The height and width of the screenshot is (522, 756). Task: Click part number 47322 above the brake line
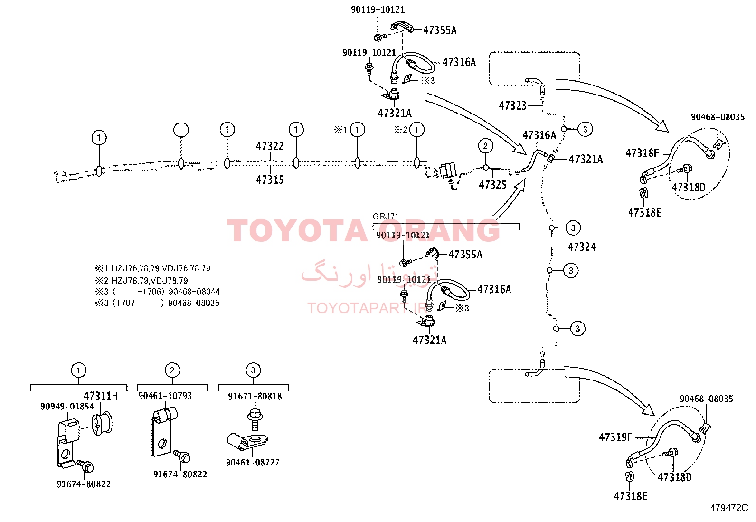[270, 146]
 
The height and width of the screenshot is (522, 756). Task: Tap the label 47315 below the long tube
[270, 180]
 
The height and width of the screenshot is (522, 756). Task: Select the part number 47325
[493, 185]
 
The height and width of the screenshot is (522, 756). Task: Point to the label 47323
[513, 106]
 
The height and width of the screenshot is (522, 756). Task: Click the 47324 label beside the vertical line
[582, 247]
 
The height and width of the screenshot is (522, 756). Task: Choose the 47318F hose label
[642, 153]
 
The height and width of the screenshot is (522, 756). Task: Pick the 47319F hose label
[615, 437]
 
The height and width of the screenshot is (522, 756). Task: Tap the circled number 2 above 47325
[485, 146]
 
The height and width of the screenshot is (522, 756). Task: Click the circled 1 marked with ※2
[417, 130]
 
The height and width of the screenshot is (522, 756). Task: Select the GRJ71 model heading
[386, 216]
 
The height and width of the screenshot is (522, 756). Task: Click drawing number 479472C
[729, 508]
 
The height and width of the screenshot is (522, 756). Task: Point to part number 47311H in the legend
[101, 396]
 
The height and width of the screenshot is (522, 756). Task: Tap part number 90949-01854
[67, 406]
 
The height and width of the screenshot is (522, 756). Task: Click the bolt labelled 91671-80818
[255, 420]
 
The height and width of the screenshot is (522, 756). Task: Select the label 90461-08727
[253, 462]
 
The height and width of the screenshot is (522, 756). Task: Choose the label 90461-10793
[165, 396]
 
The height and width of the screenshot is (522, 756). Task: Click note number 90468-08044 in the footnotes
[194, 291]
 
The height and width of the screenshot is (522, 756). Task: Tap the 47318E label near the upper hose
[644, 213]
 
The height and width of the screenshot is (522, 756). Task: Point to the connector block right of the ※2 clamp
[448, 171]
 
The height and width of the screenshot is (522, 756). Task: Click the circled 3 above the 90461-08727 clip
[253, 370]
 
